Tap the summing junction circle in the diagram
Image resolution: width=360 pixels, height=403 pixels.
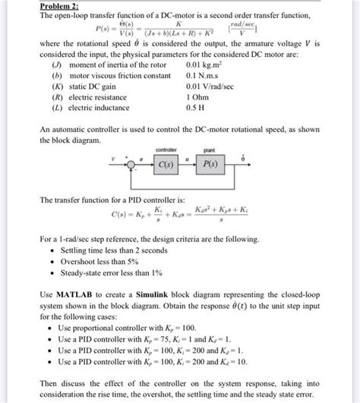tap(134, 164)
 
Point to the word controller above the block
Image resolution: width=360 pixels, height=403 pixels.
tap(166, 150)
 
